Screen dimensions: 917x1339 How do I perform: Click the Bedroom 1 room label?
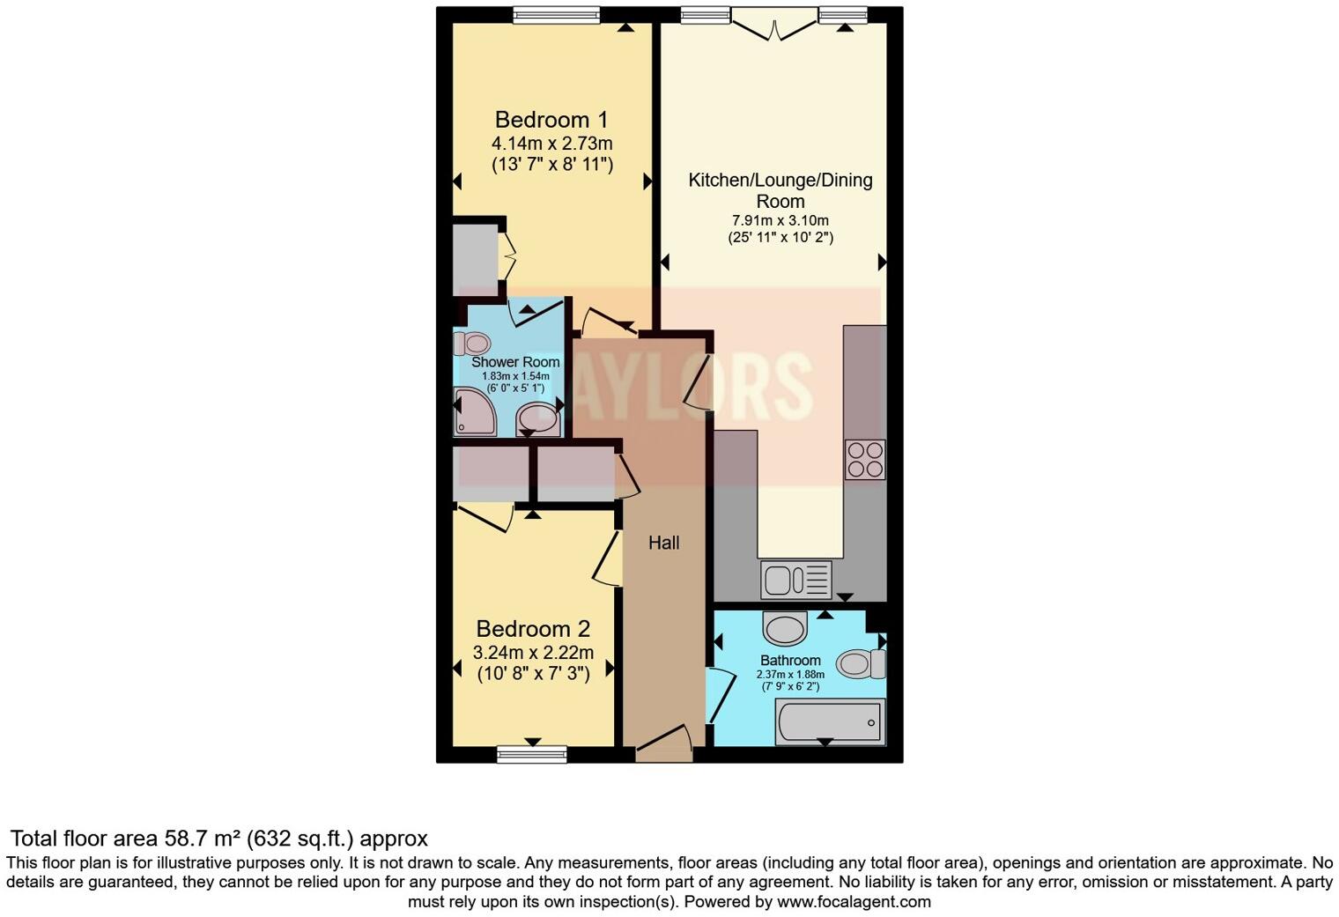[551, 120]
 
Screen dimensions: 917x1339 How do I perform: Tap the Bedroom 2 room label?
[533, 629]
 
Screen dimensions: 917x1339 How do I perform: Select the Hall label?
[663, 543]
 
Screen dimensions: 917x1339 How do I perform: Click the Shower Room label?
[515, 362]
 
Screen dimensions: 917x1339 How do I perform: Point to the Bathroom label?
[790, 661]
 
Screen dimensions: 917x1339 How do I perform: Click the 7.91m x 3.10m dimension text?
[780, 221]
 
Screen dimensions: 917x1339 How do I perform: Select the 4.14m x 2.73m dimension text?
[551, 144]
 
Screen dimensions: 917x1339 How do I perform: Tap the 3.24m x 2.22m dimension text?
[533, 653]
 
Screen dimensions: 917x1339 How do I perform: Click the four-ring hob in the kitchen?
[864, 459]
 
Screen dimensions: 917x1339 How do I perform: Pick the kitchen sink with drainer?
[796, 580]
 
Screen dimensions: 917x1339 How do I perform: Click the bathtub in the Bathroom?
[829, 722]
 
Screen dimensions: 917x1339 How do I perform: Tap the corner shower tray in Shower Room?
[474, 415]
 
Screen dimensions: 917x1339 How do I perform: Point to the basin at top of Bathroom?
[784, 629]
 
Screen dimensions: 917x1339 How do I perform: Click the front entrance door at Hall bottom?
[664, 745]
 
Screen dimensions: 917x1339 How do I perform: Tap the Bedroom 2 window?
[531, 753]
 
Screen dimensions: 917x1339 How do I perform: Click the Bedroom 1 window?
[556, 15]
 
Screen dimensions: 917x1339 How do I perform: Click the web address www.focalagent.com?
[854, 902]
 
